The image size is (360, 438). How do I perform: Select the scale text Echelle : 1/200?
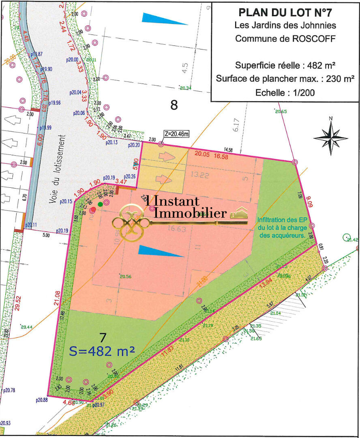tap(285, 92)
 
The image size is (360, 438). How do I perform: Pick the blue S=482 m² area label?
tap(102, 351)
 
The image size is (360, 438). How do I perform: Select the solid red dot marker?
tap(93, 210)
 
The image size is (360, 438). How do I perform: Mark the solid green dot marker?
tap(100, 204)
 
